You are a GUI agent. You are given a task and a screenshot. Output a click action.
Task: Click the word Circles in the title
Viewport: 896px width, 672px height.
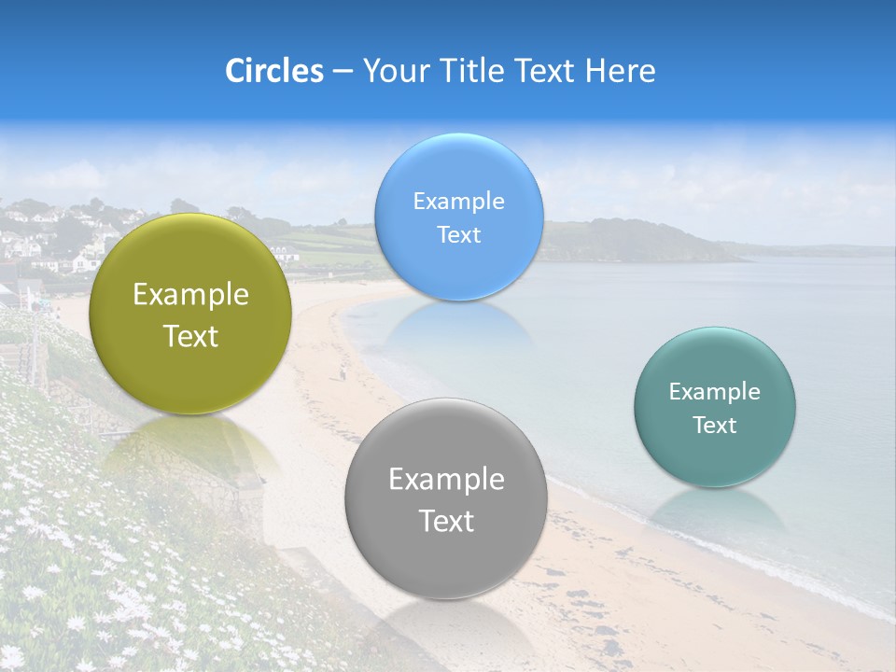274,71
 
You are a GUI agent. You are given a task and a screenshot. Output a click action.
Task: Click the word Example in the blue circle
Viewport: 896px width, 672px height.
458,201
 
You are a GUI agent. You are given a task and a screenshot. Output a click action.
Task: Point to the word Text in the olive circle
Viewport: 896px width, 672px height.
190,336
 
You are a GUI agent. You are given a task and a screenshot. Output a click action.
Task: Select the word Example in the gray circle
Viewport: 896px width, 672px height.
446,479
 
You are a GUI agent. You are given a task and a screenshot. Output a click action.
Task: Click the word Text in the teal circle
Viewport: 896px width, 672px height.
715,425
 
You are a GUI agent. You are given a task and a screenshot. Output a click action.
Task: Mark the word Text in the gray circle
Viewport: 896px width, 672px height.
446,521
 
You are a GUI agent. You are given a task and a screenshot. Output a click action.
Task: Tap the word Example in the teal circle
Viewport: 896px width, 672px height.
715,391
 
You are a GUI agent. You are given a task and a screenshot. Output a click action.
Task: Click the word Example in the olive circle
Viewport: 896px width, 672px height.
190,294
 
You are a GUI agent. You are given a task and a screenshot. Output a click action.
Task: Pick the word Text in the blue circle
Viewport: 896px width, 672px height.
458,234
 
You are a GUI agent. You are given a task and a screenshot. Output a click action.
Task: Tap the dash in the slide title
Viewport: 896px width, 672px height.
343,71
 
